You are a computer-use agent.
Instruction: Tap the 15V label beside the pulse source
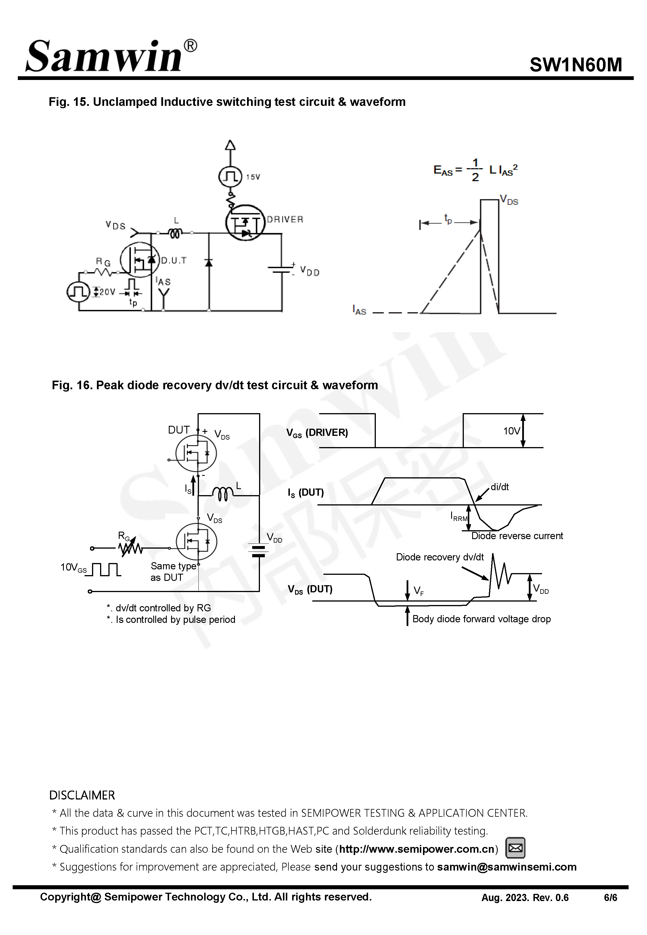point(253,177)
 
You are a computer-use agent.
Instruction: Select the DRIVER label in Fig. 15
point(285,219)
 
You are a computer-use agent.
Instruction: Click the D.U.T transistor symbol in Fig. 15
point(140,260)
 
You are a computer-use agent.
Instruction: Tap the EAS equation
point(475,170)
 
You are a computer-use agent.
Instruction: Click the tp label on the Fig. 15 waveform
point(448,219)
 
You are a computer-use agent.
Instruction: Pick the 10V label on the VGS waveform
point(511,431)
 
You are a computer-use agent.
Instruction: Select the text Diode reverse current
point(517,536)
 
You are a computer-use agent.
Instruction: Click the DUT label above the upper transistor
point(179,430)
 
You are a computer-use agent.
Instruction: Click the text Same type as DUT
point(173,572)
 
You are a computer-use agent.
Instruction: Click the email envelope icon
point(515,848)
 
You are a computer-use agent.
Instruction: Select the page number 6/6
point(610,898)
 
